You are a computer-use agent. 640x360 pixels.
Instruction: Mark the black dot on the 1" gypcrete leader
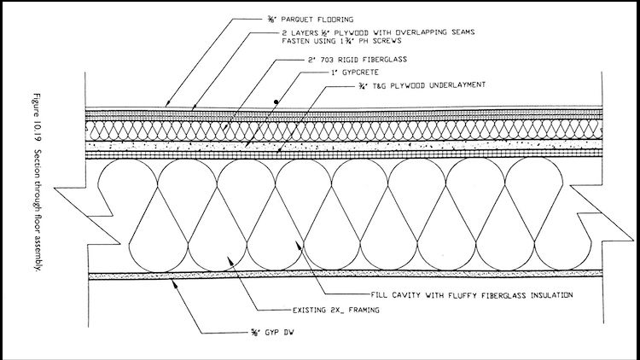275,102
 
